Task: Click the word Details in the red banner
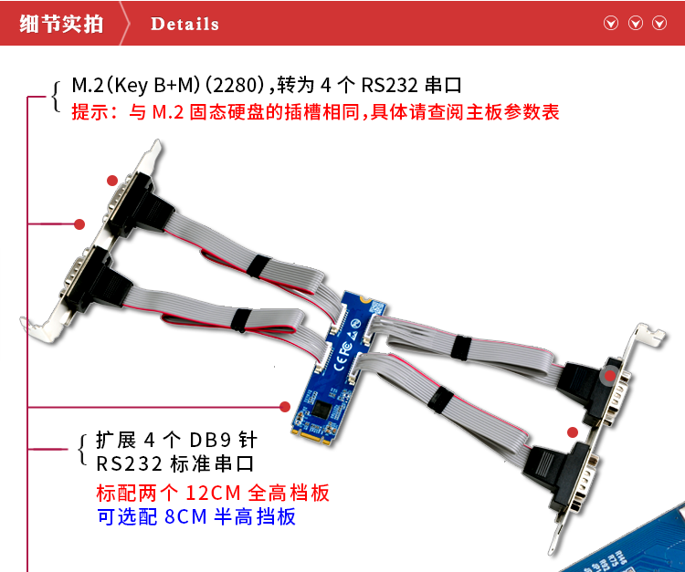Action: pyautogui.click(x=184, y=24)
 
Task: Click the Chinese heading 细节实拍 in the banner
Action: pyautogui.click(x=61, y=24)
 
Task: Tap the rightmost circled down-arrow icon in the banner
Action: pyautogui.click(x=659, y=23)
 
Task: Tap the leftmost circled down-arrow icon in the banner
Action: pyautogui.click(x=611, y=23)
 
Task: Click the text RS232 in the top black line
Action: pyautogui.click(x=389, y=85)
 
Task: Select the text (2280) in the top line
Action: pyautogui.click(x=235, y=85)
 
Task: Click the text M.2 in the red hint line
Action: pyautogui.click(x=168, y=112)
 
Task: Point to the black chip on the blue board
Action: pyautogui.click(x=322, y=408)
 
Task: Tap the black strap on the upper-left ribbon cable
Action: pyautogui.click(x=258, y=265)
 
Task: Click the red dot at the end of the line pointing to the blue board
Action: pyautogui.click(x=285, y=407)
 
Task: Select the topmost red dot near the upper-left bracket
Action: pyautogui.click(x=112, y=181)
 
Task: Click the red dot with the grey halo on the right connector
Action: pyautogui.click(x=610, y=375)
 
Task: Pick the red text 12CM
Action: pyautogui.click(x=213, y=493)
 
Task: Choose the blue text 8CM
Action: pyautogui.click(x=185, y=516)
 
